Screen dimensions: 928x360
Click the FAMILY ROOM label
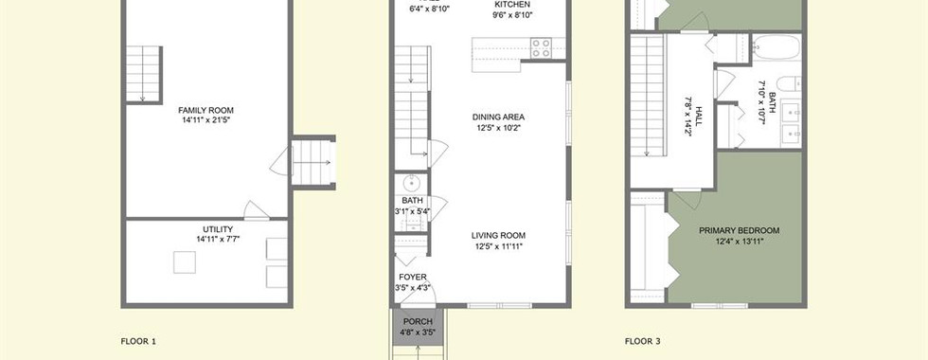point(206,110)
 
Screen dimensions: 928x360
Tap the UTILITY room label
point(218,229)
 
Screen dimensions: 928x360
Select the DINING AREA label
point(498,117)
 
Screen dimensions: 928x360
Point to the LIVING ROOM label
point(498,235)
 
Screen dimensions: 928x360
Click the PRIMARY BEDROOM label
point(740,230)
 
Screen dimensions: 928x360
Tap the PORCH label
point(418,321)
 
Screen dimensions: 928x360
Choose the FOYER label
point(413,277)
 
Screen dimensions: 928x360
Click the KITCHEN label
point(512,5)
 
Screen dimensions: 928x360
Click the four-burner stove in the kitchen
point(541,48)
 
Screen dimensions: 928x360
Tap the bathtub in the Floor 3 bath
point(776,46)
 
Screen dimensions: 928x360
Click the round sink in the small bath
point(411,182)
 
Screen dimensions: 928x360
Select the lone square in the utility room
point(185,262)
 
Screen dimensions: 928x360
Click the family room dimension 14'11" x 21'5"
point(206,120)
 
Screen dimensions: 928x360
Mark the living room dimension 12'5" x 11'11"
point(498,245)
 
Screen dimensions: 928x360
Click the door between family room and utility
point(257,211)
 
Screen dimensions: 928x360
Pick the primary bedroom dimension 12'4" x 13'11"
point(740,241)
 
